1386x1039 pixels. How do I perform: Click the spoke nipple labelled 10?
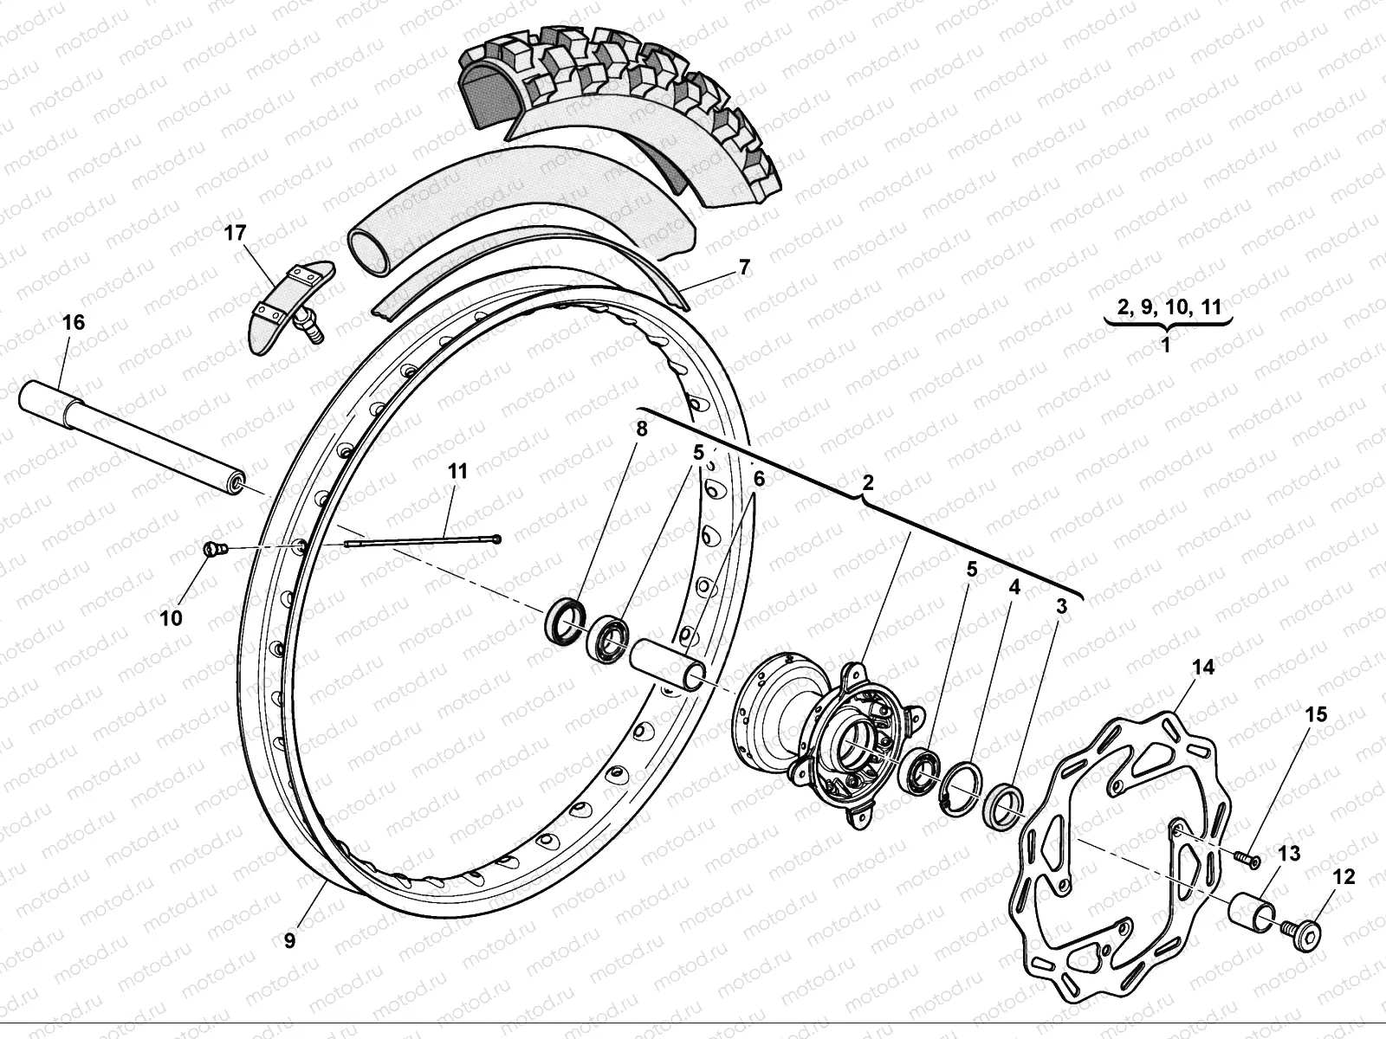[x=213, y=549]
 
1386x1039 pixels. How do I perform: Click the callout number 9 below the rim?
[x=289, y=940]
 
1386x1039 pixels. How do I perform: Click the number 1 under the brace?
[x=1165, y=345]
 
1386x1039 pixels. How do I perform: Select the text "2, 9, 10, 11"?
[x=1169, y=306]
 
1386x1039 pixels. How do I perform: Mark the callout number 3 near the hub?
[x=1061, y=607]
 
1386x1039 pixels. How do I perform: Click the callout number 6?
[x=758, y=478]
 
